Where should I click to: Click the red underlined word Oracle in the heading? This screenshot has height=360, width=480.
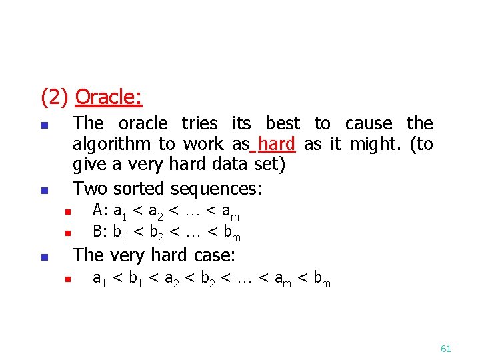click(108, 97)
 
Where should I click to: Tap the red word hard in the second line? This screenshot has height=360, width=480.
click(277, 144)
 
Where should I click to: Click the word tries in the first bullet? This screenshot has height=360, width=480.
click(199, 123)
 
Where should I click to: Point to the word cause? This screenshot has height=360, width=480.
click(369, 123)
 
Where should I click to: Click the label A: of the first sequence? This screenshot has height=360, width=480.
click(100, 211)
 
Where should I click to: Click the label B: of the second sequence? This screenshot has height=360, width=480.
click(100, 232)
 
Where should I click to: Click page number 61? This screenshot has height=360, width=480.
click(446, 349)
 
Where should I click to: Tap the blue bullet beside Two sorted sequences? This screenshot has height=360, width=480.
click(44, 190)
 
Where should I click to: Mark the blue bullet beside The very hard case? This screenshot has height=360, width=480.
click(44, 257)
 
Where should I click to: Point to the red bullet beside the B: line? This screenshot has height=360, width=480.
click(67, 233)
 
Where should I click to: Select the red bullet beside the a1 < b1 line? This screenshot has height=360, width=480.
click(67, 280)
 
